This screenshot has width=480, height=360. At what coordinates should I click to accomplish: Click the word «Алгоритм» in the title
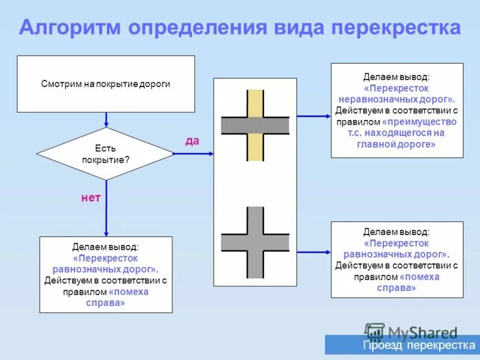(73, 28)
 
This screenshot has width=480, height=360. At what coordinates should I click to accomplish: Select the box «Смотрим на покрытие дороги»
(106, 84)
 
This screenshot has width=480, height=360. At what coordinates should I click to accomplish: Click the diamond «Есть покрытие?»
(106, 154)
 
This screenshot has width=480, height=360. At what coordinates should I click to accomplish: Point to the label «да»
(192, 140)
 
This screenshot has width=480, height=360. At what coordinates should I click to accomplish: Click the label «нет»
(91, 197)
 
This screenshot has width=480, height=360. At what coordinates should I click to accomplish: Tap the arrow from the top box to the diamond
(106, 119)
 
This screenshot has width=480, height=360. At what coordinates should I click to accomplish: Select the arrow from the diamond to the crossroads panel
(193, 154)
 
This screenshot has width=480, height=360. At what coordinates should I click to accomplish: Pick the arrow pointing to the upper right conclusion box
(313, 116)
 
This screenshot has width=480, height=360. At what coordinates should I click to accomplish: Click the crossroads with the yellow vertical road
(255, 125)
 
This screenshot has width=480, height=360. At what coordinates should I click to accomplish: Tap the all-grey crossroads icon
(255, 242)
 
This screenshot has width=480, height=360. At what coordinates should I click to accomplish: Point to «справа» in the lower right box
(397, 288)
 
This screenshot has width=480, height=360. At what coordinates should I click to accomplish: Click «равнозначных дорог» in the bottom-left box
(106, 269)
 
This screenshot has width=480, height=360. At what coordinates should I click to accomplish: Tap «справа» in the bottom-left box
(106, 303)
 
